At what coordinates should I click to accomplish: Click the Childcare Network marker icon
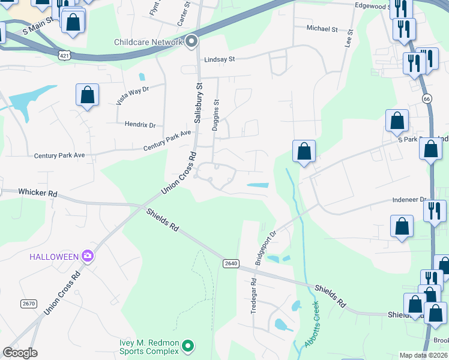[191, 41]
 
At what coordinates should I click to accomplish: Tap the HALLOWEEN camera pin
[88, 256]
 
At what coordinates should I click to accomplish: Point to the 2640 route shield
[231, 263]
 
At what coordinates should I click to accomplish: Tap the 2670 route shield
[29, 304]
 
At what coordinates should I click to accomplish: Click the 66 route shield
[426, 98]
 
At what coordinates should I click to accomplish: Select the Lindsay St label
[219, 59]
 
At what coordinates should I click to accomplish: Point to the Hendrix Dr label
[140, 125]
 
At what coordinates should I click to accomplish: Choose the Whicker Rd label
[37, 194]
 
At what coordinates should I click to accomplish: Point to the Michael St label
[322, 28]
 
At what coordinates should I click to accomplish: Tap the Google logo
[20, 352]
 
